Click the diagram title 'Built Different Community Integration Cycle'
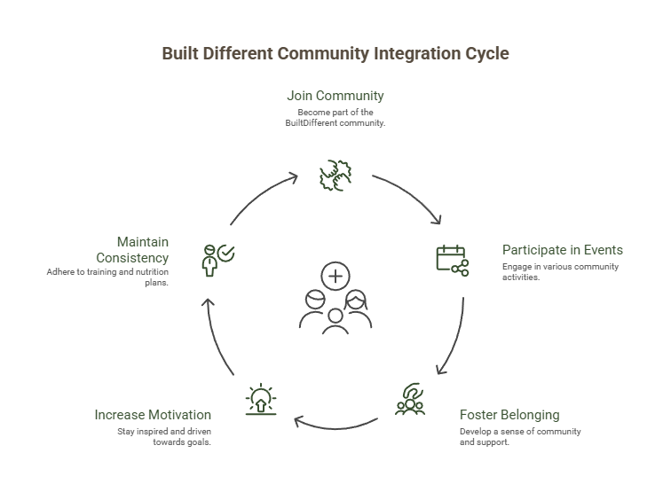pos(335,54)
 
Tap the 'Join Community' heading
pos(335,96)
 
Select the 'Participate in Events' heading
pos(562,250)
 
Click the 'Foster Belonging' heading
pos(509,415)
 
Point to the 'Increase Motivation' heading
pos(153,415)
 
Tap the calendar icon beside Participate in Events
pos(452,259)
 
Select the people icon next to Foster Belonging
pos(411,401)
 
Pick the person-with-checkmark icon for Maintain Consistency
pos(218,258)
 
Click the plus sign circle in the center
pos(335,277)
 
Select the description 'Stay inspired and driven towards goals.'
pos(164,436)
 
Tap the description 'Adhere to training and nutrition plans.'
pos(108,277)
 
